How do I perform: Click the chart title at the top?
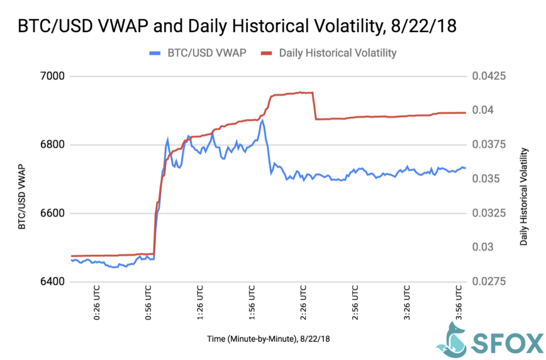(x=237, y=26)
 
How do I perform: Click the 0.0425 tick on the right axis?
(x=488, y=76)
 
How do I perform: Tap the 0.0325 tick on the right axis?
(x=488, y=213)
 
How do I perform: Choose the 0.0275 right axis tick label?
(x=488, y=282)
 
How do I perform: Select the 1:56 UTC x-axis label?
(x=252, y=305)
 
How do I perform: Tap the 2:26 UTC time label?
(x=304, y=305)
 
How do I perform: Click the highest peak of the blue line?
(x=262, y=121)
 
